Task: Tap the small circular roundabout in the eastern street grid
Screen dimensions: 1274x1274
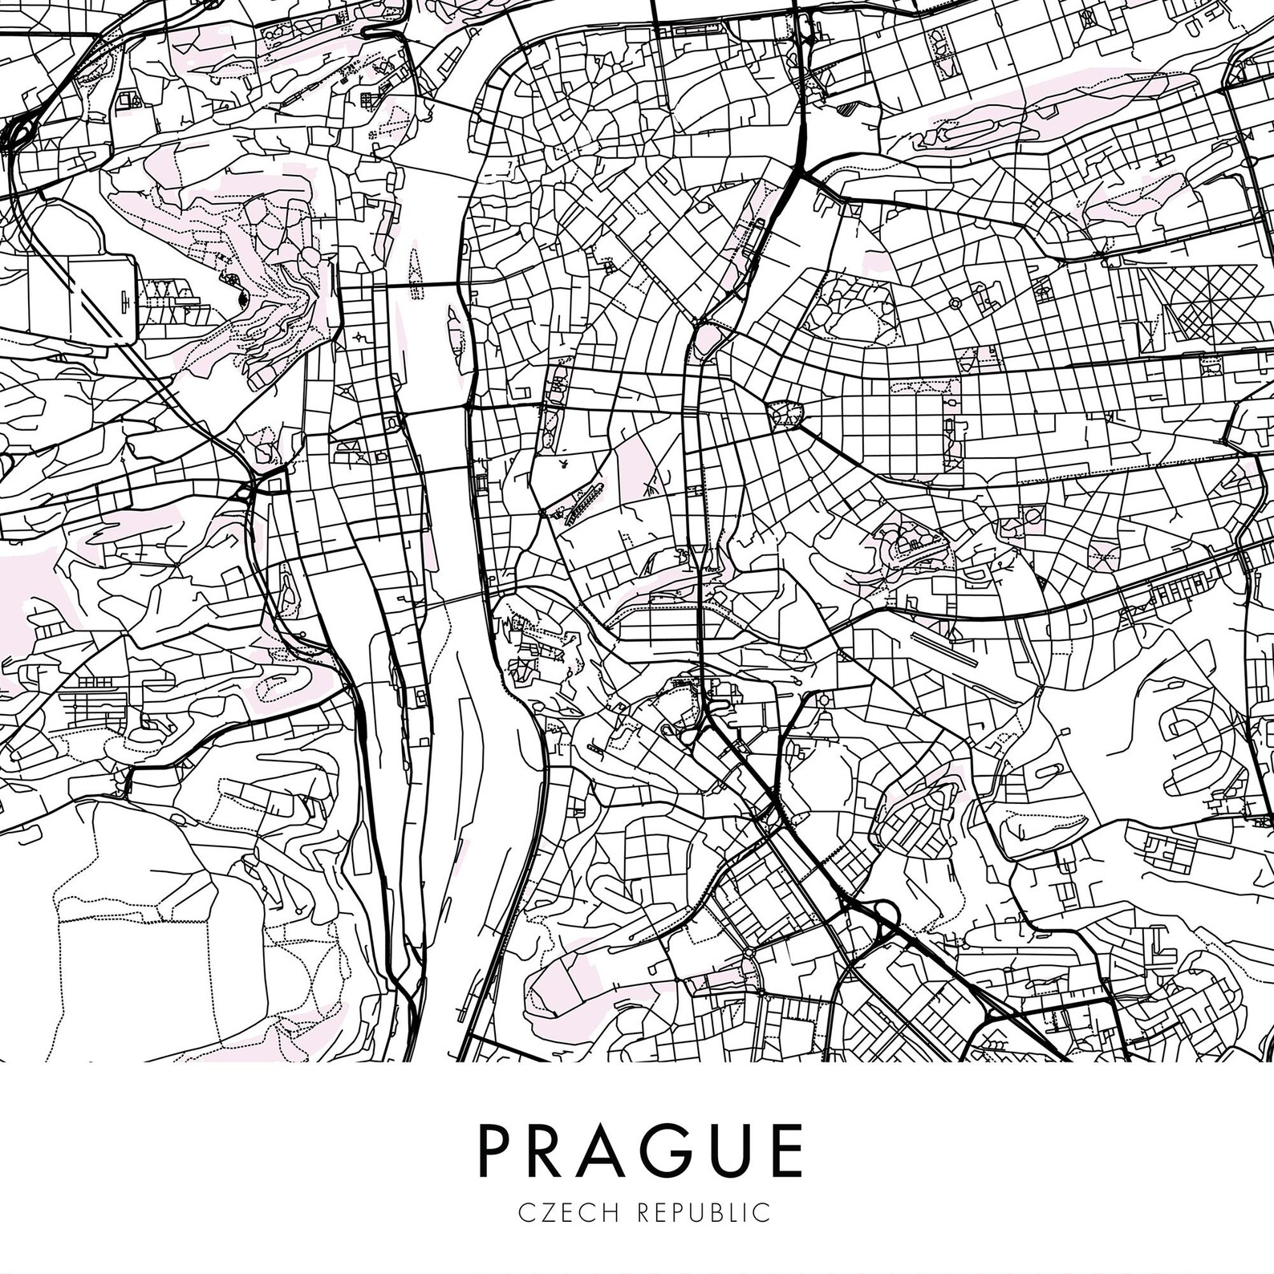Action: [x=955, y=303]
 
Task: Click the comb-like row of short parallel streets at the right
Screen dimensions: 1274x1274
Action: [x=1179, y=593]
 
